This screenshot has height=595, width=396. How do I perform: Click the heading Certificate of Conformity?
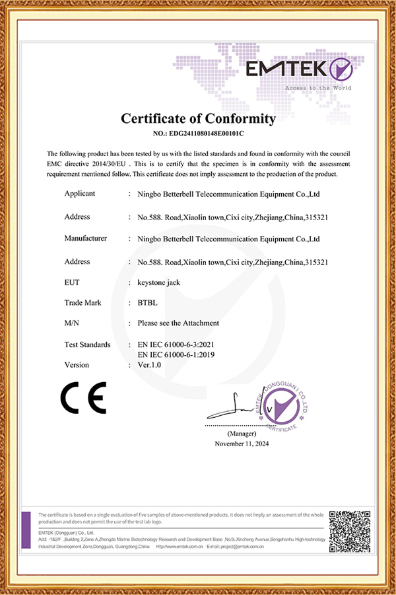click(197, 119)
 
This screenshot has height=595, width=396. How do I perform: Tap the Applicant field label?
click(80, 194)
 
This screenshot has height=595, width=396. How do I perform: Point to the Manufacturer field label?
click(86, 238)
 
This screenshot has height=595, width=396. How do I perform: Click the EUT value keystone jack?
click(158, 282)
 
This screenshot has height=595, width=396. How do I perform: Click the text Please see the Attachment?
click(178, 323)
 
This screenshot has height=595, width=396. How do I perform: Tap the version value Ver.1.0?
click(150, 365)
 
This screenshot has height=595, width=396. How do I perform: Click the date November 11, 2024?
click(242, 444)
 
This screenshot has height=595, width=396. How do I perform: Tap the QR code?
click(349, 530)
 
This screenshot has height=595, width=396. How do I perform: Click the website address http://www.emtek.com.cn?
click(179, 547)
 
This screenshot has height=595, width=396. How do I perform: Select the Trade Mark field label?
click(82, 302)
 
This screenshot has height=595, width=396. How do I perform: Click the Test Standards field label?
click(88, 345)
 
